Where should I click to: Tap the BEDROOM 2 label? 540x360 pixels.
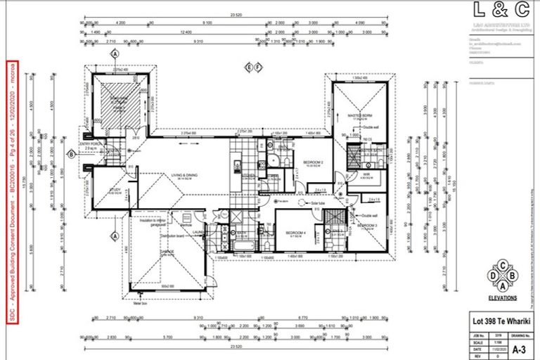point(313,161)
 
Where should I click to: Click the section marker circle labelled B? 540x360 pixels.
point(71,154)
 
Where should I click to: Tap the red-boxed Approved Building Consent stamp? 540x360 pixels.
point(12,191)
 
